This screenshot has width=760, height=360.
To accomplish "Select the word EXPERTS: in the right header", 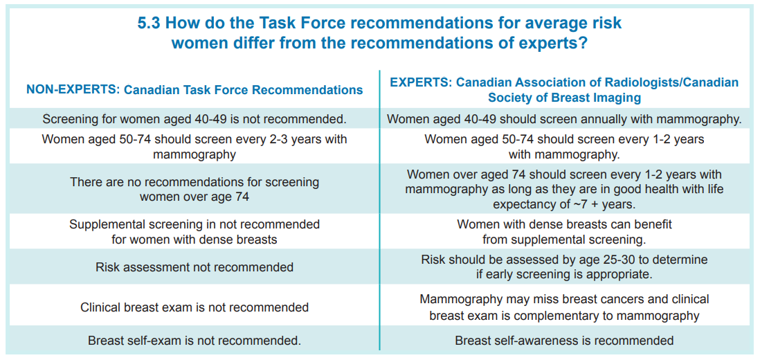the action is [421, 82].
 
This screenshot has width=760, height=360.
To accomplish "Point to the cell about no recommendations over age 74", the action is [194, 190].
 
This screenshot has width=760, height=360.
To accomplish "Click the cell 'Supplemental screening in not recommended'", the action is [194, 232].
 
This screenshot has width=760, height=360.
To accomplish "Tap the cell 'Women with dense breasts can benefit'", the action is [564, 232].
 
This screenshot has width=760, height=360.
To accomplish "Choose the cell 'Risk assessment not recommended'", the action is [194, 267].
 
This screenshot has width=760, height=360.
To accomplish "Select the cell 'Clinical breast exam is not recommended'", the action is [194, 307].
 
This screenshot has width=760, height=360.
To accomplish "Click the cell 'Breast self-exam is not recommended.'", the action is [194, 340].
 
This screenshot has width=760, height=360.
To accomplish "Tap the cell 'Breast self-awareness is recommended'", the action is [564, 340].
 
